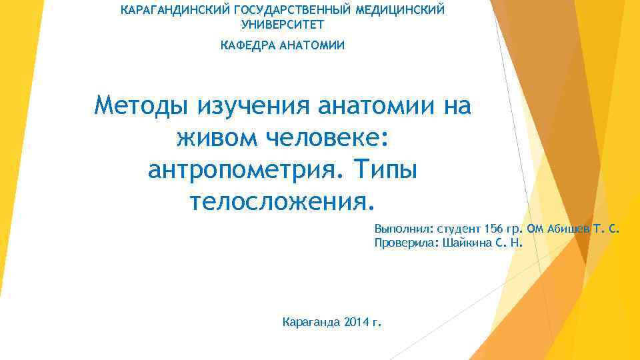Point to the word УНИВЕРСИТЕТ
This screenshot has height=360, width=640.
(x=283, y=25)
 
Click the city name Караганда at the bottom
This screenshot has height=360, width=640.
(x=312, y=323)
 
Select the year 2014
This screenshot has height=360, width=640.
(x=359, y=323)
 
